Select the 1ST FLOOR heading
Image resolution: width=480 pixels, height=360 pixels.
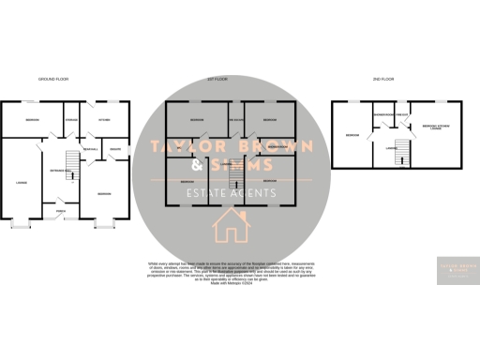[218, 79]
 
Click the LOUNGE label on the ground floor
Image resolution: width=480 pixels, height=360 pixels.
[21, 181]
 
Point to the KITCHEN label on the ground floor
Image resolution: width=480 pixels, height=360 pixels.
[104, 119]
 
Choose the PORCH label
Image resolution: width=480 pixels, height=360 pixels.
[60, 212]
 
